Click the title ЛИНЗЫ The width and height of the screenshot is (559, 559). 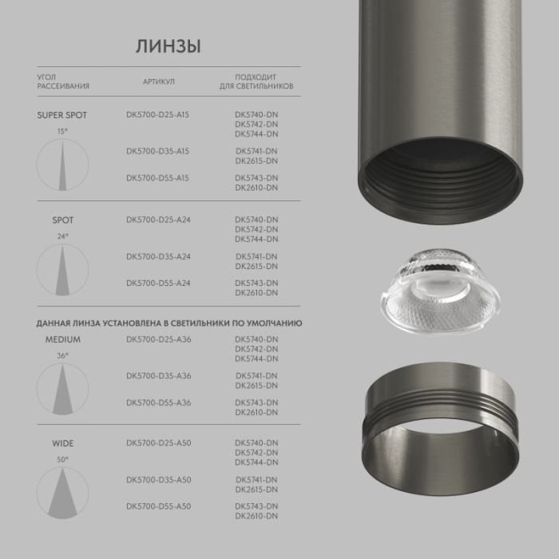point(168,46)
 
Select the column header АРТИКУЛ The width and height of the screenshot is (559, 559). point(159,81)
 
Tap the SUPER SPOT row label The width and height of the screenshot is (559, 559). point(62,115)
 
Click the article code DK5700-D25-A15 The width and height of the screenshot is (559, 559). point(157,115)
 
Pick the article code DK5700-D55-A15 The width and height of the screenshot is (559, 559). point(157,178)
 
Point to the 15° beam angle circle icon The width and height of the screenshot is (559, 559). point(62,164)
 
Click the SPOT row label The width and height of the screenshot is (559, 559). point(62,220)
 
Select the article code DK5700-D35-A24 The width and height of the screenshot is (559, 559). point(158,256)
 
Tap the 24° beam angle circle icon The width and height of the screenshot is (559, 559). point(62,268)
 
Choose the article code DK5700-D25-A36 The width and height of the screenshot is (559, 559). point(158,339)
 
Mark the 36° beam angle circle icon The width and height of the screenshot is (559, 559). point(62,388)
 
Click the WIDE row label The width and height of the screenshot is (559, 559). point(62,442)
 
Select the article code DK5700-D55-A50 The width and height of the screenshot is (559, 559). point(158,506)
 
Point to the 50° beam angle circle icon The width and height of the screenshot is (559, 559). point(62,491)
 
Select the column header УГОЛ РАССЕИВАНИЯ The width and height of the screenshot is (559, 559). point(63,81)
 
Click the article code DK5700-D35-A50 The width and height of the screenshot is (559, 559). point(158,479)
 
